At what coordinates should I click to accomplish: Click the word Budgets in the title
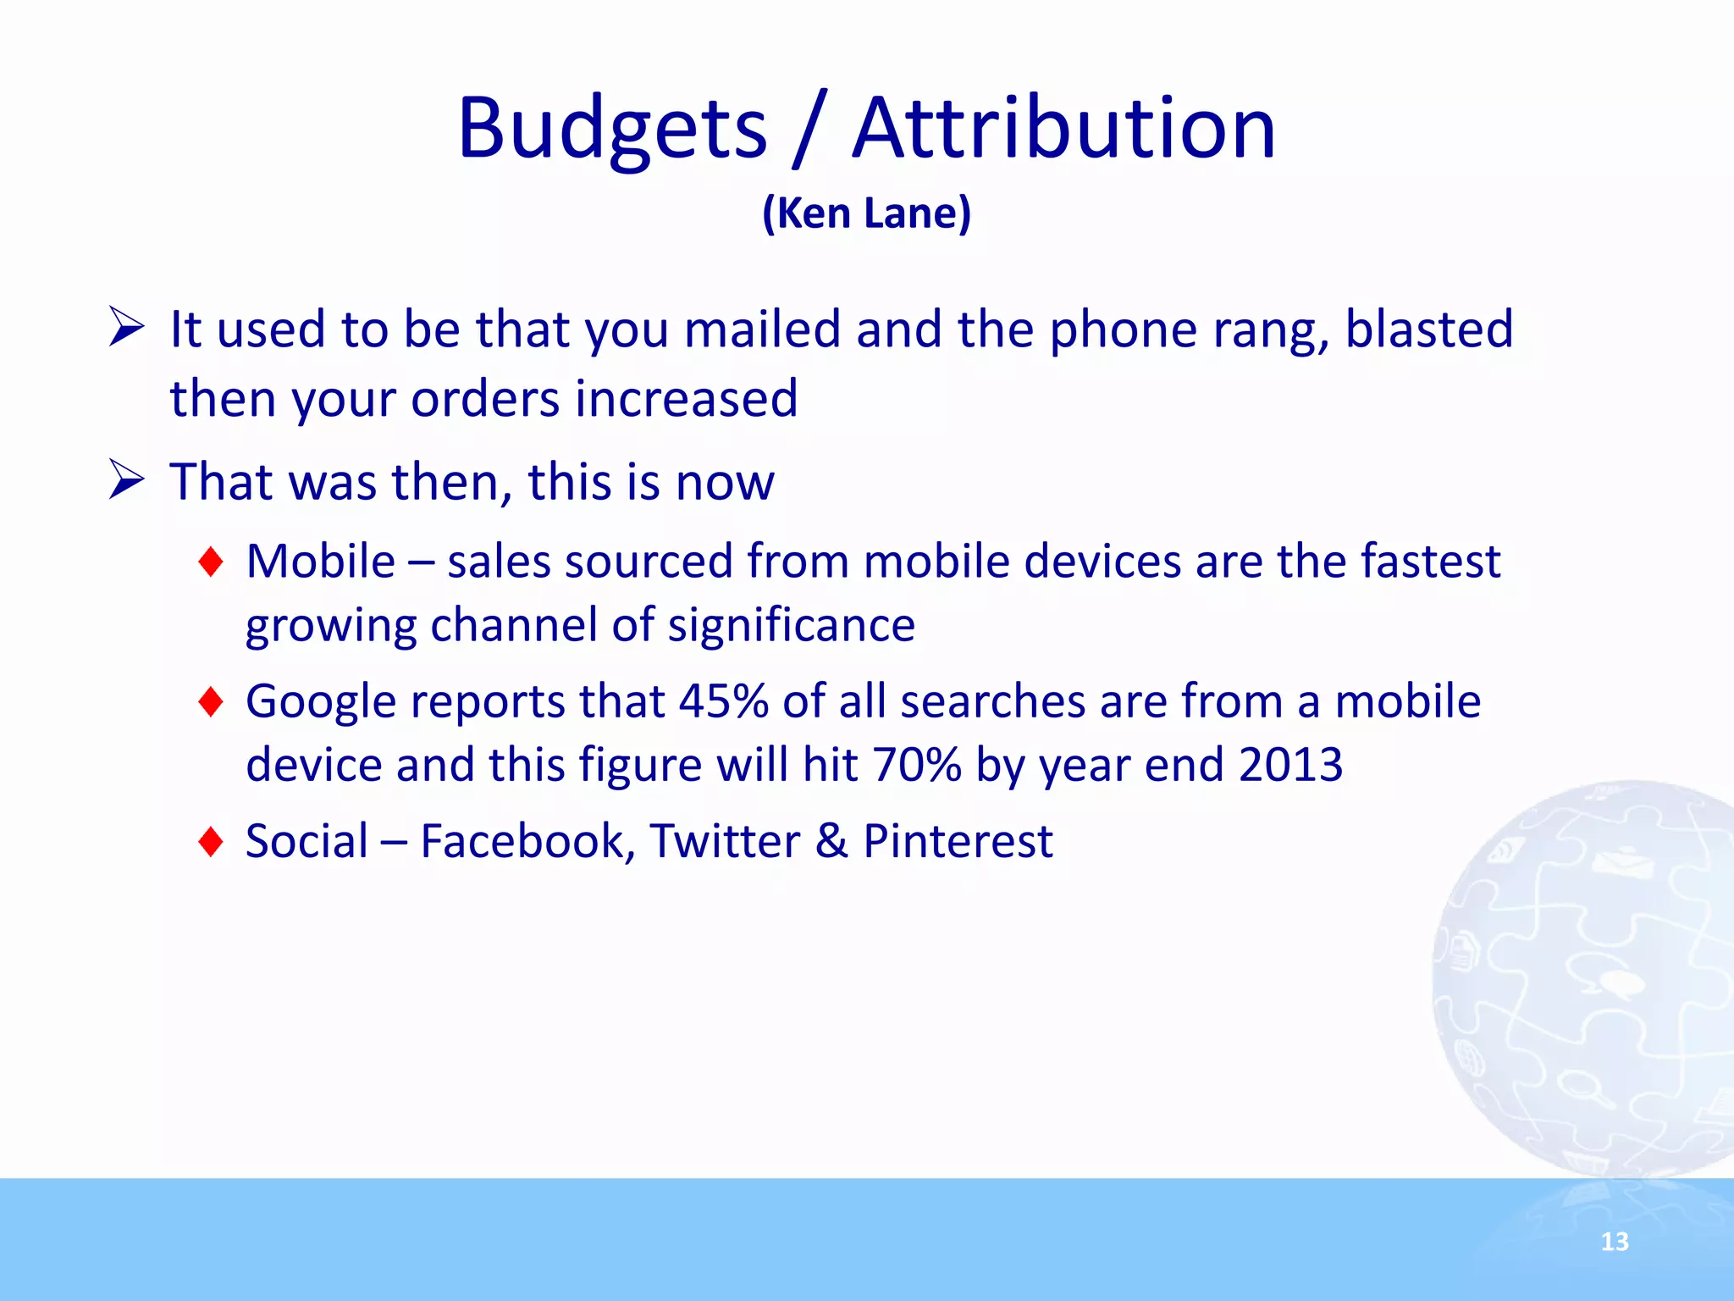[611, 129]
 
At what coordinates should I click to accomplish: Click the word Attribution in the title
[1063, 129]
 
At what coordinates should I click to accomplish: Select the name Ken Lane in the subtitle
[866, 213]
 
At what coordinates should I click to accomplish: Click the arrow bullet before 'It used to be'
[127, 328]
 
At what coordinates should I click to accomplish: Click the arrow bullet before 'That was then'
[127, 480]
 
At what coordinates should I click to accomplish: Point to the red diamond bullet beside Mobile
[210, 562]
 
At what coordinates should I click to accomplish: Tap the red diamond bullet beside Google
[210, 701]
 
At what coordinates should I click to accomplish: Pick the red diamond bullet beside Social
[210, 841]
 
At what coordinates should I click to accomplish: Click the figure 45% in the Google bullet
[722, 701]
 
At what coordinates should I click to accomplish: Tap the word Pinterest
[958, 841]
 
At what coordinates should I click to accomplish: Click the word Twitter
[725, 841]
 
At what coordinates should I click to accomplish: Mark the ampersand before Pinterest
[831, 841]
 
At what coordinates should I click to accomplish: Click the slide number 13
[1615, 1242]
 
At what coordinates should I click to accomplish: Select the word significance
[791, 625]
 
